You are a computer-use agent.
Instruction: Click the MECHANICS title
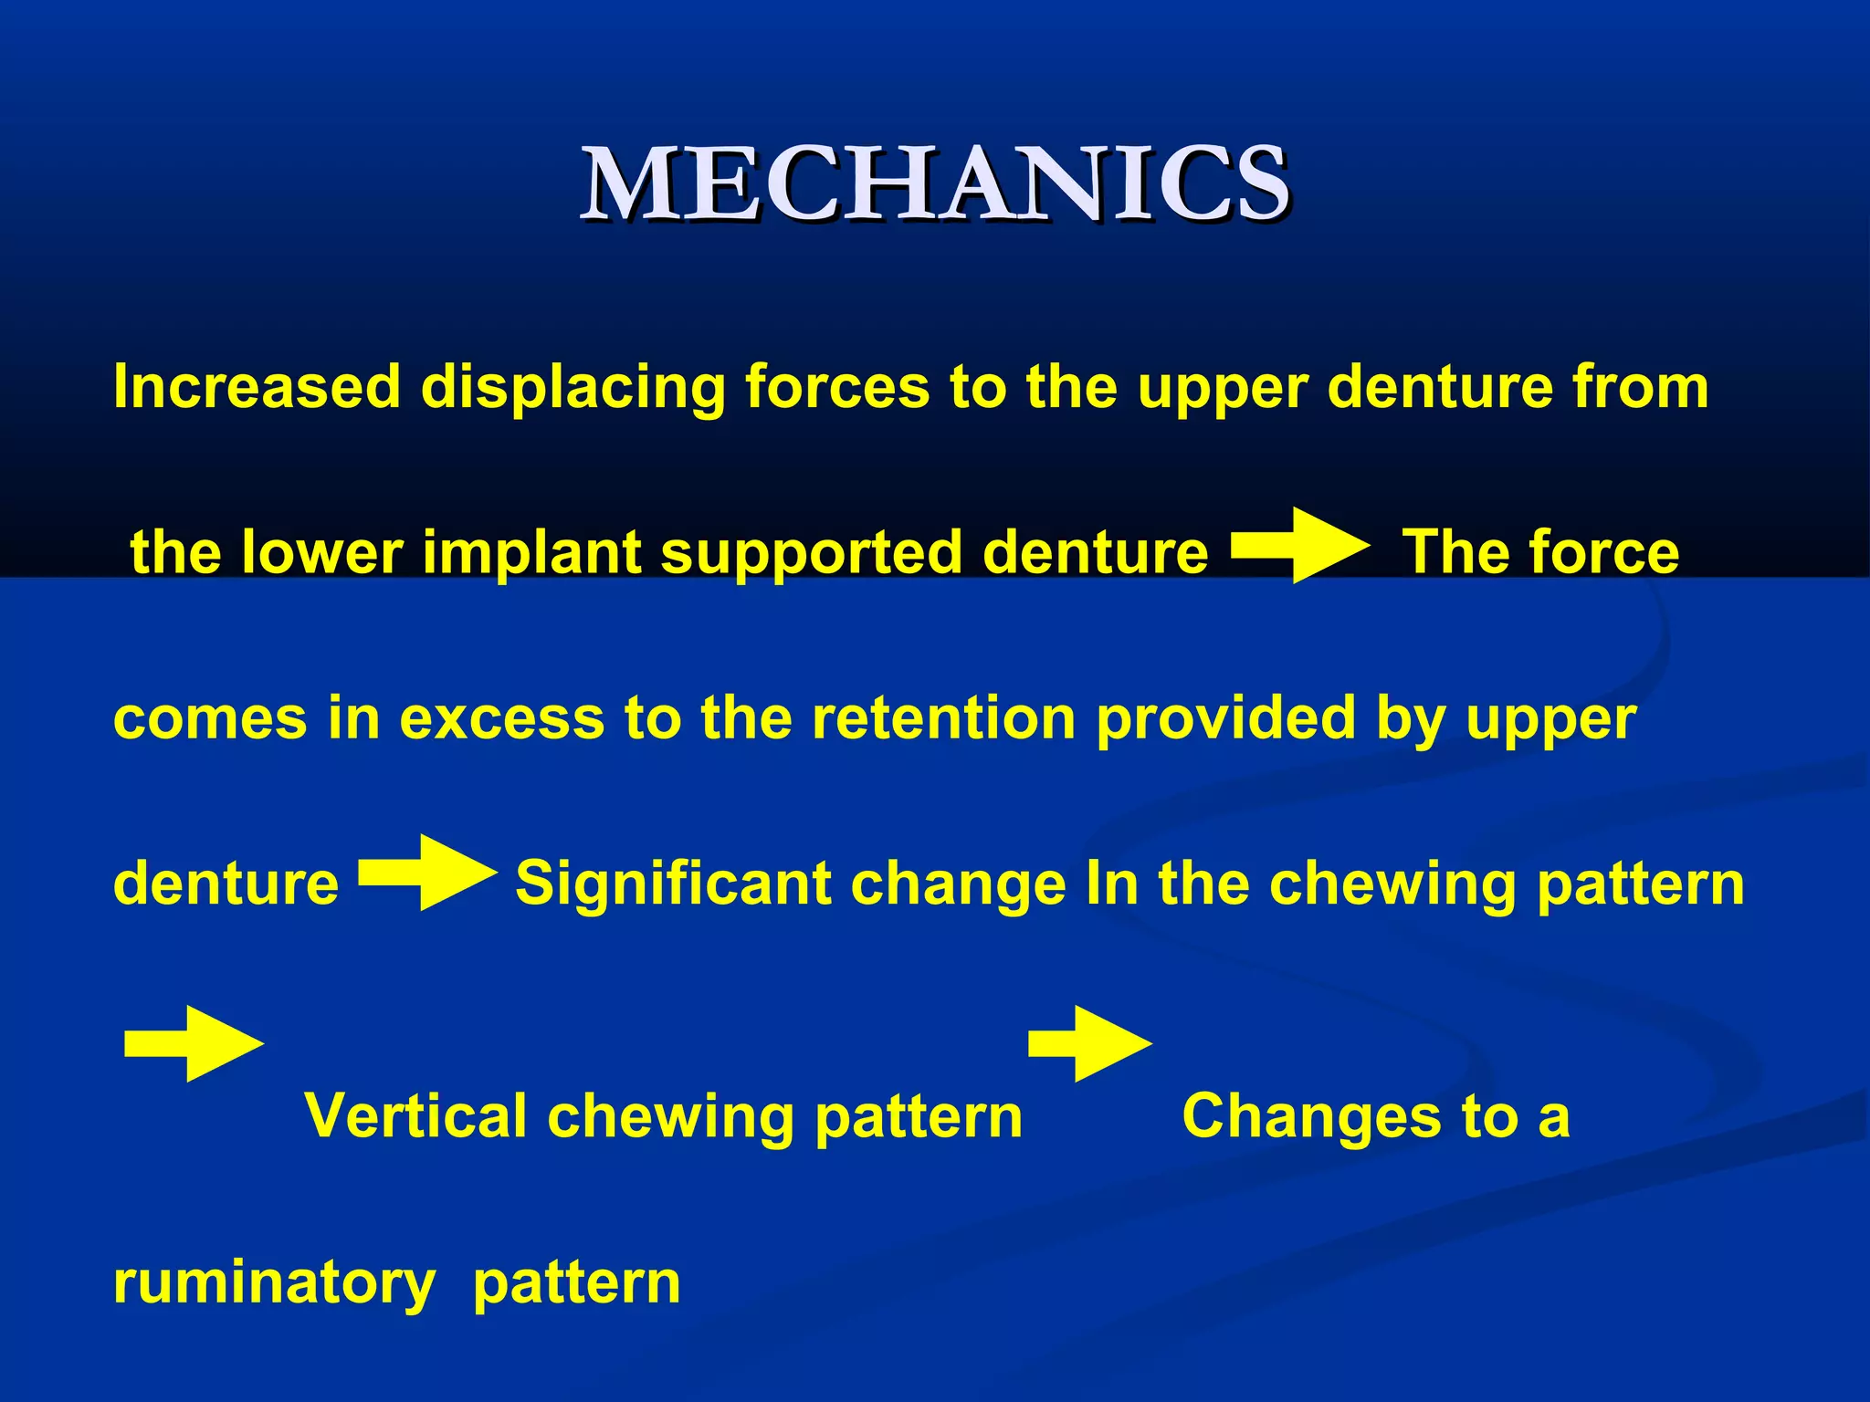tap(935, 185)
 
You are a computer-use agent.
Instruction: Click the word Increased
tap(257, 387)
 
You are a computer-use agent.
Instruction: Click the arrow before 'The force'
tap(1300, 547)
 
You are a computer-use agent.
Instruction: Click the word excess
tap(501, 718)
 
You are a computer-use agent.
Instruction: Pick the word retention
tap(944, 718)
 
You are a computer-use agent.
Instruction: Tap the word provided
tap(1225, 720)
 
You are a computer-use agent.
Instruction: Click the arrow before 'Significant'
tap(427, 873)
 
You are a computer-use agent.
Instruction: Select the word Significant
tap(673, 884)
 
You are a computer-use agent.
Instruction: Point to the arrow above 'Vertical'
tap(194, 1044)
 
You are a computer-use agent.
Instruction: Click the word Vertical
tap(416, 1116)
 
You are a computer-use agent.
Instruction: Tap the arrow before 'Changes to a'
tap(1090, 1044)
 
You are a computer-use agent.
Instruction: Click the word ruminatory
tap(274, 1283)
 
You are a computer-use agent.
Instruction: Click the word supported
tap(811, 554)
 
